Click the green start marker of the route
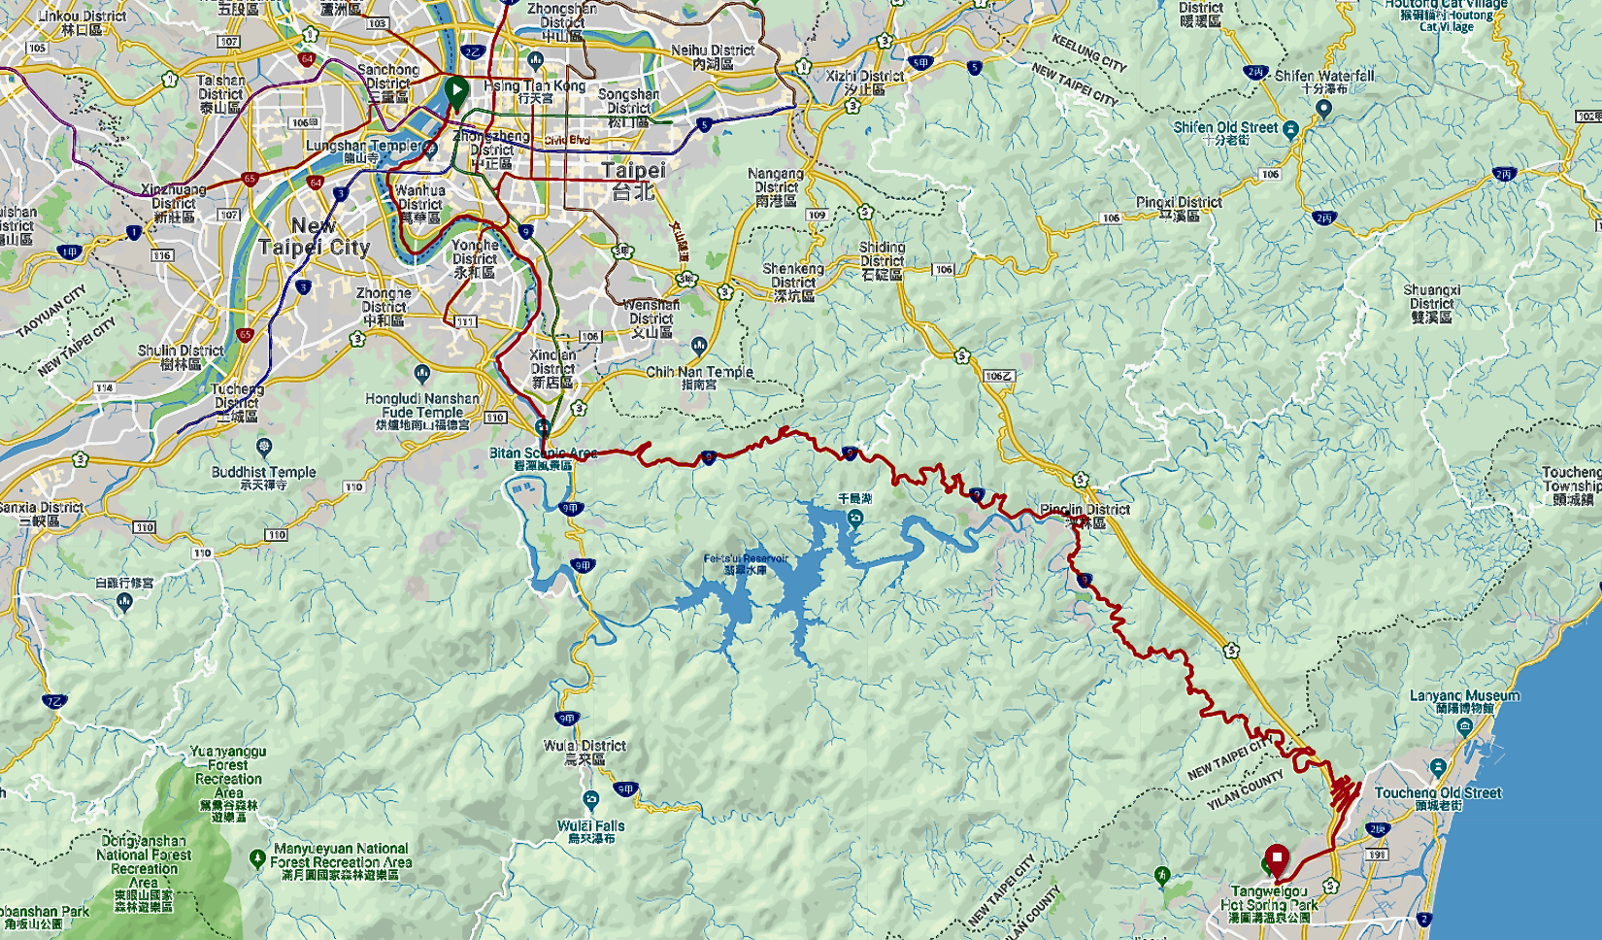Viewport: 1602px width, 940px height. pos(455,92)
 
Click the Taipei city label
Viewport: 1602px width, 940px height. pos(634,180)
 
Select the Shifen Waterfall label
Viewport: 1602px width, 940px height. pos(1324,76)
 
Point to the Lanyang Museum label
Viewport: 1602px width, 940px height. pos(1464,696)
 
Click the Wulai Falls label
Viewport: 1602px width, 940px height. pos(591,826)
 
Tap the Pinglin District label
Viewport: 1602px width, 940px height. pos(1085,510)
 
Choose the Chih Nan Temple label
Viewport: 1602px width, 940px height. pos(699,372)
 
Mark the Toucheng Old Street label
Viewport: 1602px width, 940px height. pos(1438,793)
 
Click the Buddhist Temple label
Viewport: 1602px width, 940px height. pos(264,473)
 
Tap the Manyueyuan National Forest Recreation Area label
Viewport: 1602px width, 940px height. pos(341,856)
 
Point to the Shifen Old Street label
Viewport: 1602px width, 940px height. pos(1226,128)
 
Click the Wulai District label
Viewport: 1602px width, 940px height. pos(584,746)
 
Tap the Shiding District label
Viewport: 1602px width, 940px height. pos(882,254)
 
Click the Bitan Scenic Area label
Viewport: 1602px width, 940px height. pos(543,453)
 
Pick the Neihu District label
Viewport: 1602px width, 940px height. pos(713,50)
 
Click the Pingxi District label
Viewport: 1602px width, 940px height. pos(1179,203)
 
